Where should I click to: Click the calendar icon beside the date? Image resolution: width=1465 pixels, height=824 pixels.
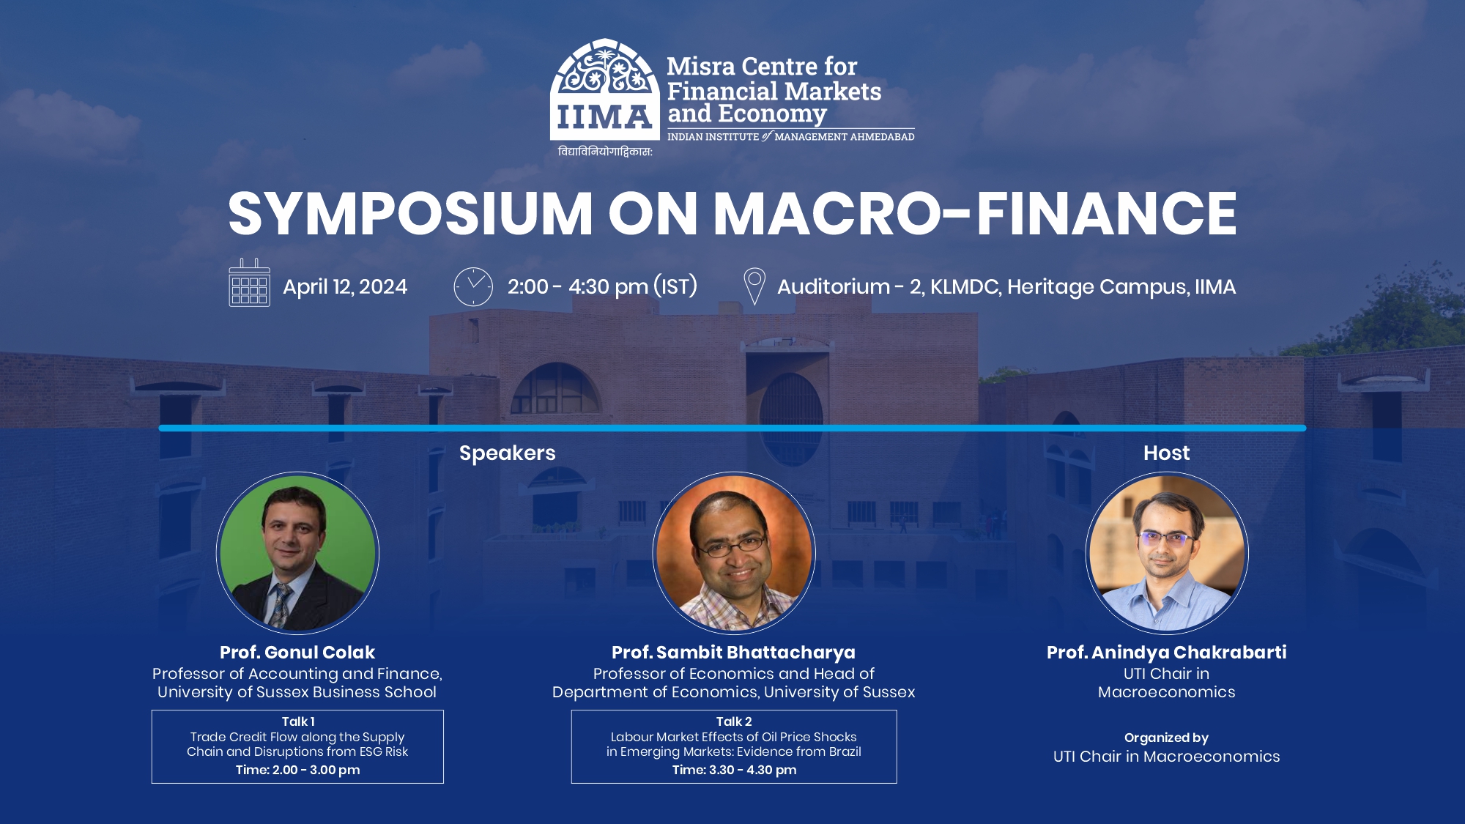point(249,283)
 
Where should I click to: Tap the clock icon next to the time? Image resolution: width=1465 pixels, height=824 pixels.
point(473,286)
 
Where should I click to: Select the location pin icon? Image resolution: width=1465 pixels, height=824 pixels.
point(754,286)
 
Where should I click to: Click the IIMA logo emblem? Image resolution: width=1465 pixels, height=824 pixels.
point(604,90)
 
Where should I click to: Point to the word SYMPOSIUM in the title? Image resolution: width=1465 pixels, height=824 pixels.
point(410,213)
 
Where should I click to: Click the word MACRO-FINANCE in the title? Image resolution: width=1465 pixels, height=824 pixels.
point(975,213)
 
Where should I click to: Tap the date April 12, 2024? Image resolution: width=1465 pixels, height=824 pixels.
point(345,286)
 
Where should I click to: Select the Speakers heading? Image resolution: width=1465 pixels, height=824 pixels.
point(507,453)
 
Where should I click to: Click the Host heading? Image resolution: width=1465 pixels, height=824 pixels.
point(1166,453)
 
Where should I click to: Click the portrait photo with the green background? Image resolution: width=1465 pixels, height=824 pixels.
point(297,553)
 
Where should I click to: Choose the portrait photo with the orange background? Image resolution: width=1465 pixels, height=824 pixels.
point(734,553)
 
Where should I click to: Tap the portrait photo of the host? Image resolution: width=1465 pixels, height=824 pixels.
point(1167,553)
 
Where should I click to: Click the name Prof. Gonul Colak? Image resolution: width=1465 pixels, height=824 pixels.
point(297,652)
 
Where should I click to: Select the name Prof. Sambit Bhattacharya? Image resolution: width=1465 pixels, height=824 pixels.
point(733,652)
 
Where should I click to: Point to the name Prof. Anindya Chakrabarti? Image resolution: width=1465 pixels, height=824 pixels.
point(1167,652)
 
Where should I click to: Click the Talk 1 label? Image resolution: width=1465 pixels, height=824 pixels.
point(298,721)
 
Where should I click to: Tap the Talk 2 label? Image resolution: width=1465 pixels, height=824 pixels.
point(734,721)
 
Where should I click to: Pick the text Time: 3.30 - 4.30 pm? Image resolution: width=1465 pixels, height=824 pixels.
point(734,770)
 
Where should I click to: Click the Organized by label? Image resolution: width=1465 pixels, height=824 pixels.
point(1166,738)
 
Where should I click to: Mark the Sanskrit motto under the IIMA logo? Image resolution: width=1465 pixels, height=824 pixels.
point(605,152)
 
